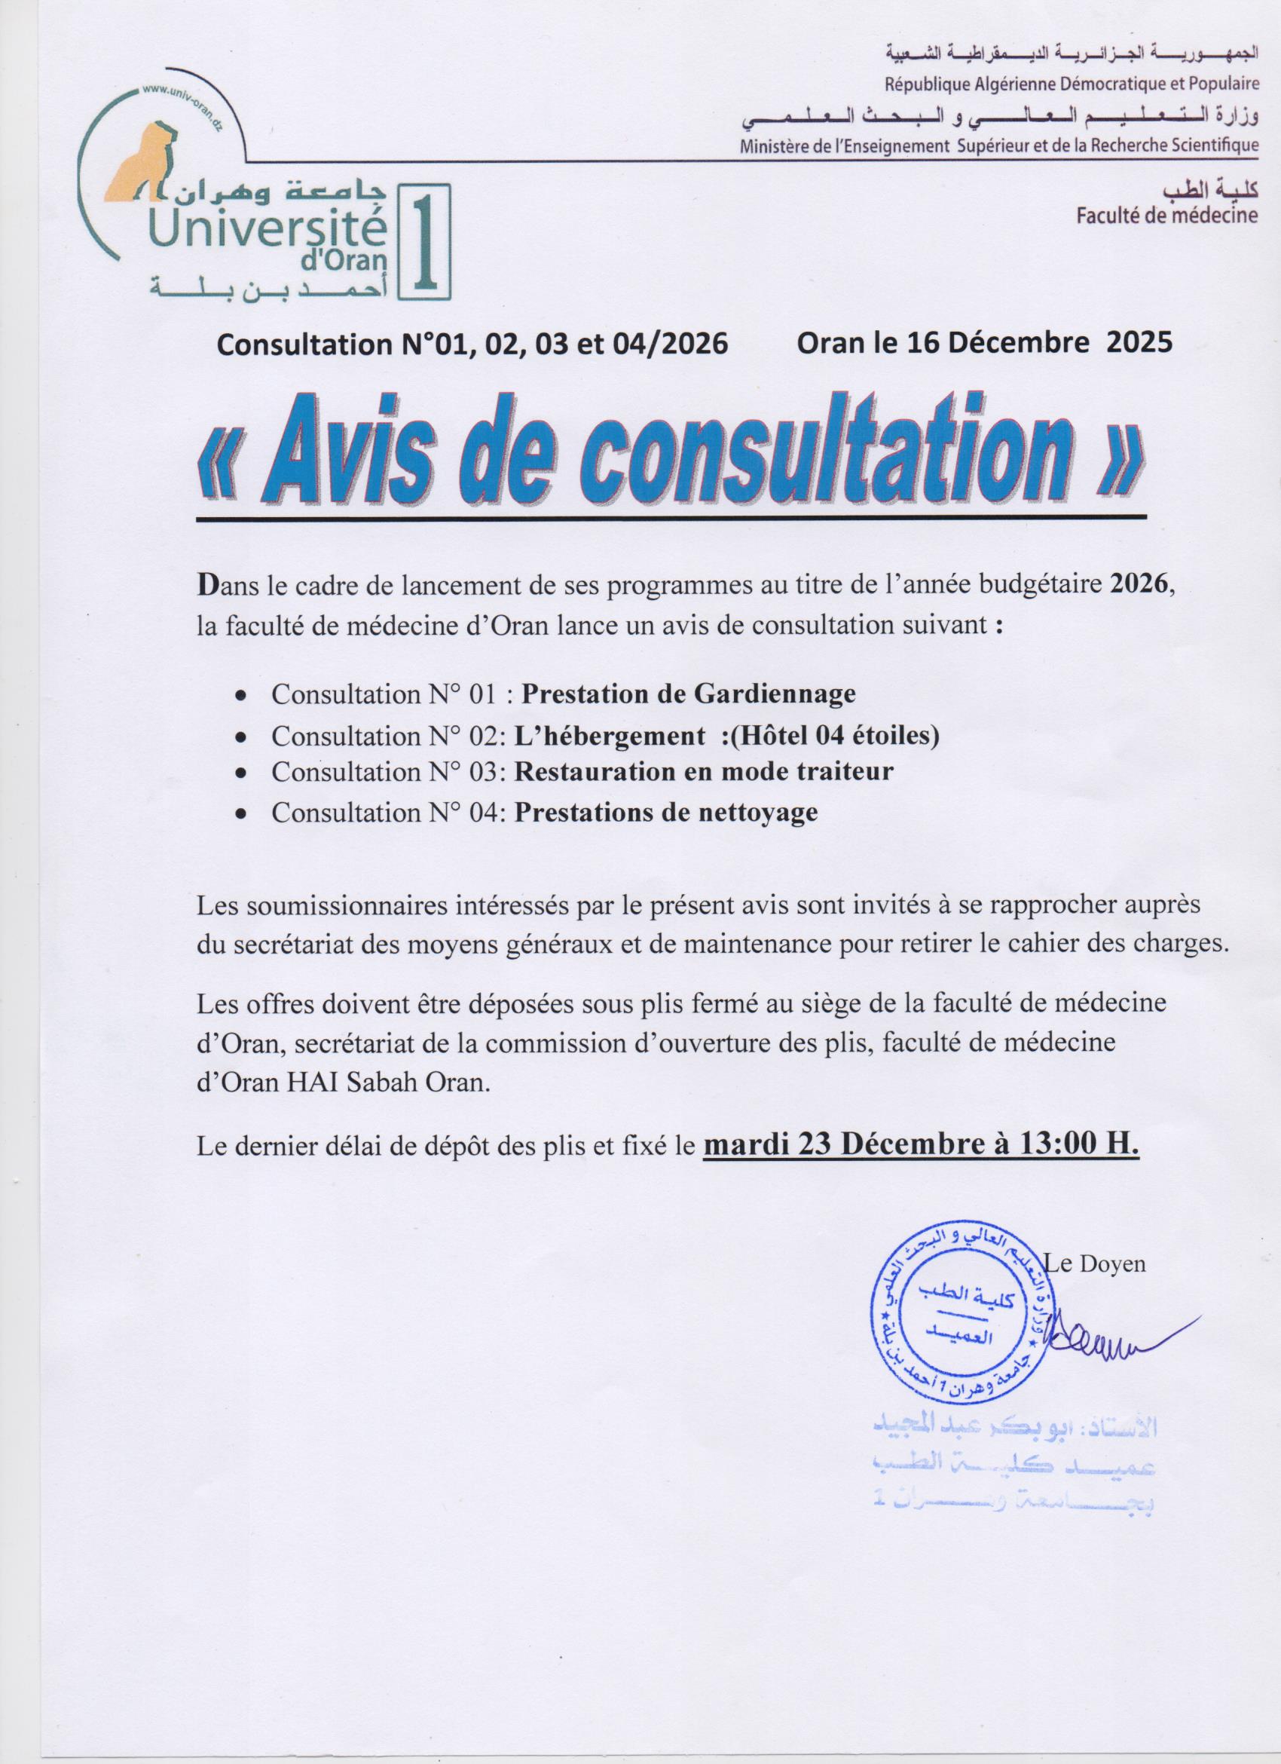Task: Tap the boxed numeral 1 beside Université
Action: tap(423, 242)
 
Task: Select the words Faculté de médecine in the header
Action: tap(1166, 215)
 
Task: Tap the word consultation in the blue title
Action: tap(778, 462)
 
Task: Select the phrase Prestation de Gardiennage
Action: tap(688, 693)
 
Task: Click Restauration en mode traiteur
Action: tap(704, 771)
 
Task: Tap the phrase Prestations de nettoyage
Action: tap(666, 812)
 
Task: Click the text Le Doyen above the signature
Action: tap(1096, 1264)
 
